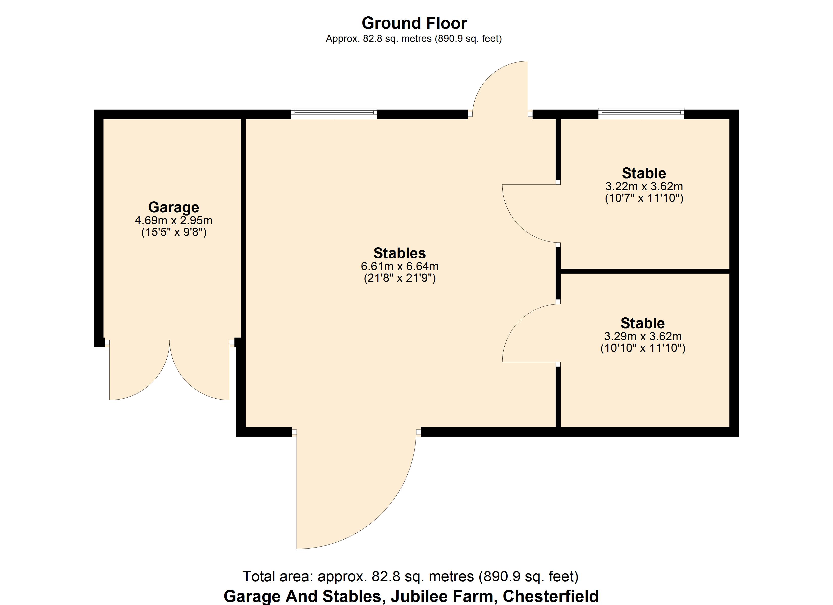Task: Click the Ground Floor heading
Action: (x=414, y=23)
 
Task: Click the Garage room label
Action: (x=173, y=207)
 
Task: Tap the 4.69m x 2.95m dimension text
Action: (x=173, y=221)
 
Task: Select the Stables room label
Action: (x=400, y=253)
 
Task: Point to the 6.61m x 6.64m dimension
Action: (x=400, y=266)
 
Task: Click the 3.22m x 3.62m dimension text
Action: (x=644, y=186)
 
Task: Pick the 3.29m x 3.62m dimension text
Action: (x=643, y=337)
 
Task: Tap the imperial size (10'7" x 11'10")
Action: (x=644, y=198)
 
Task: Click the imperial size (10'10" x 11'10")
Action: (x=643, y=348)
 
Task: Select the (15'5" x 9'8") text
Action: (x=174, y=232)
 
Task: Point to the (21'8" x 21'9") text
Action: (x=400, y=278)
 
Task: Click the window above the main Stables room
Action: (x=334, y=113)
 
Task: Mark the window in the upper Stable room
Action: (x=641, y=113)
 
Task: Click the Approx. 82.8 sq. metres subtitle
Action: (x=413, y=39)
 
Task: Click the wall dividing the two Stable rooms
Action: (x=645, y=271)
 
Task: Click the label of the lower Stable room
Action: (x=643, y=323)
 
